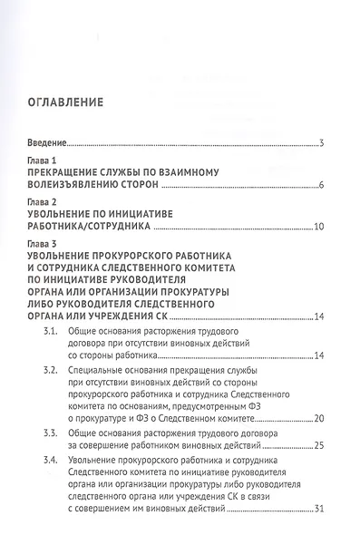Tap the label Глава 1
(42, 159)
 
